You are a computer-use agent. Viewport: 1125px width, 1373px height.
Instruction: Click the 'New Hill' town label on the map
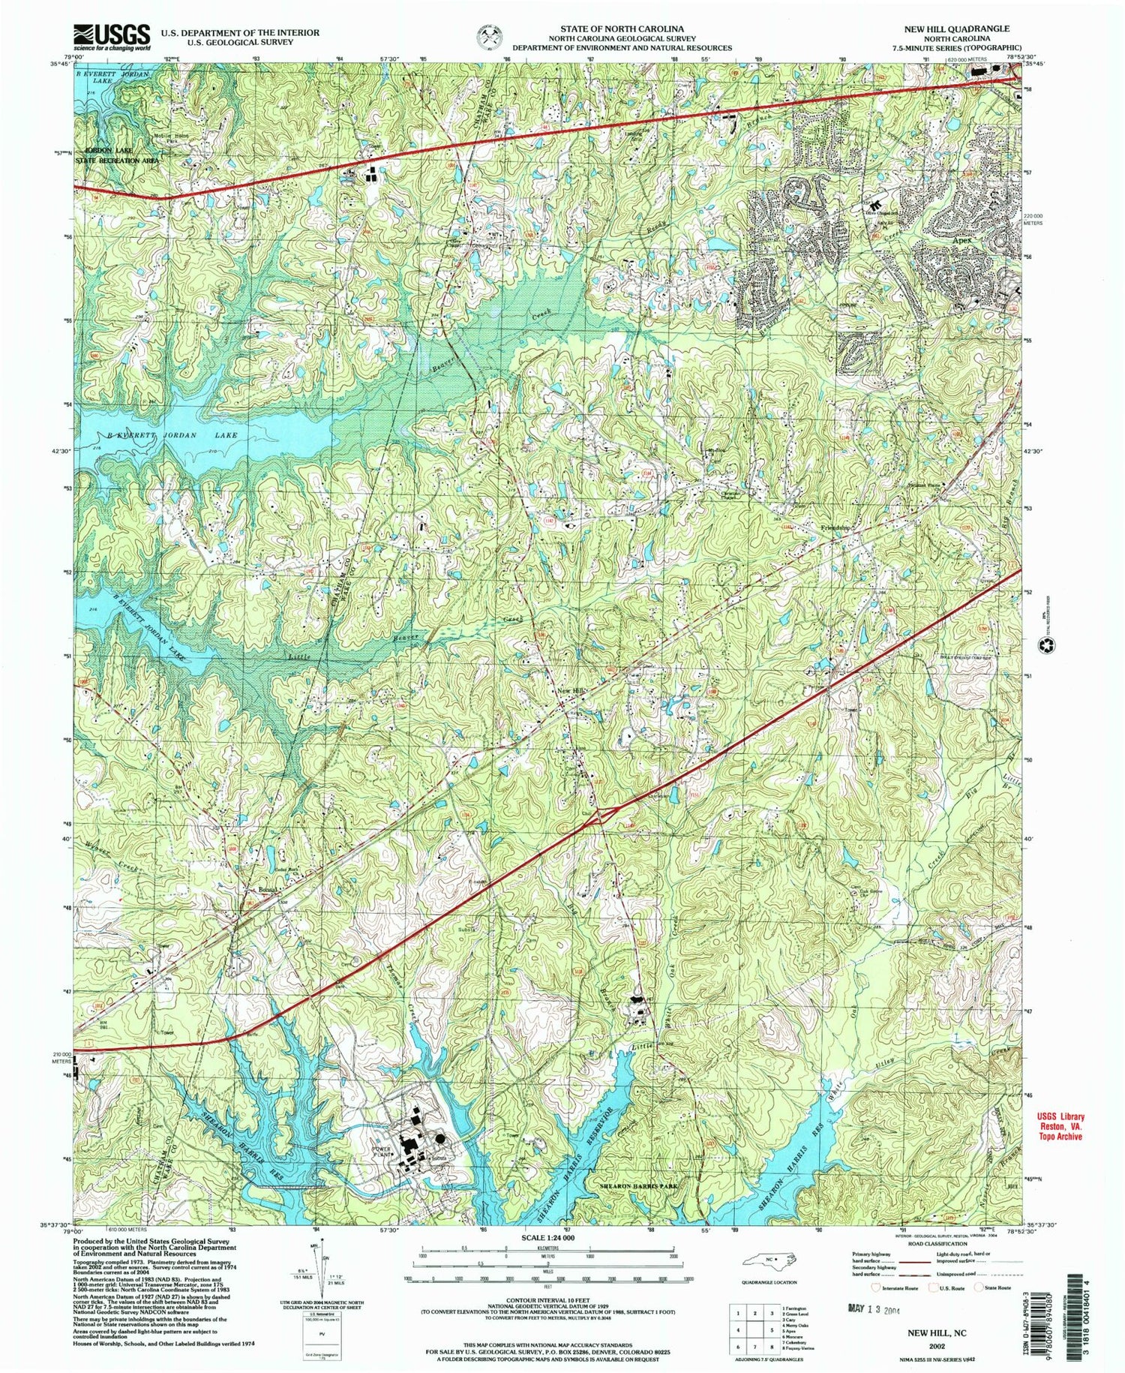coord(567,691)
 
